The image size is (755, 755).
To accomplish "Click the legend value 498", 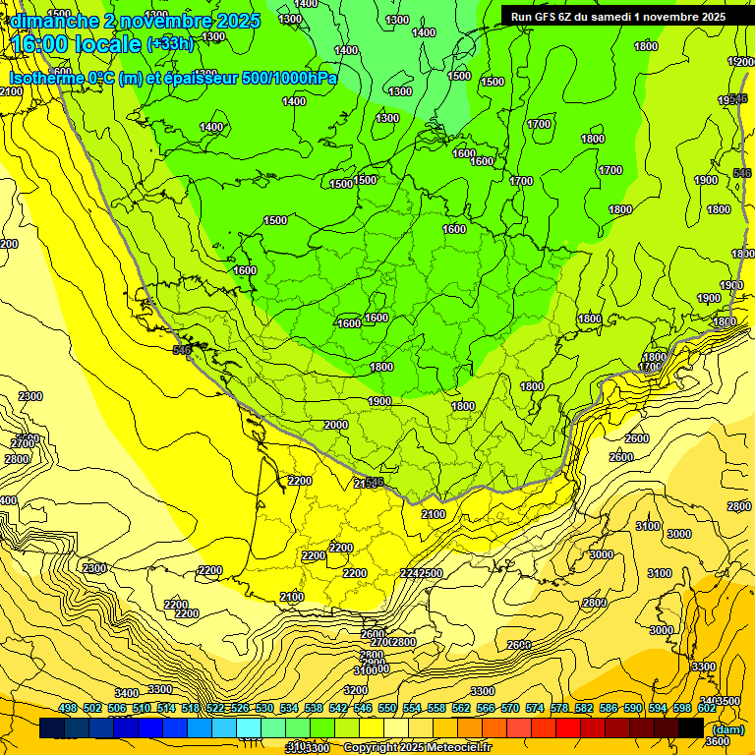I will (x=68, y=708).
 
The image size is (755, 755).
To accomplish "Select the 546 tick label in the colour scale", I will (x=363, y=708).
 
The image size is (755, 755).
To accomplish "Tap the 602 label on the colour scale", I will (x=707, y=708).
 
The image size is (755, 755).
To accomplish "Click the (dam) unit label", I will (x=728, y=729).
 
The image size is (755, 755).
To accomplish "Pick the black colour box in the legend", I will (x=691, y=727).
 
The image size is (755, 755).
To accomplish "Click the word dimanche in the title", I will (x=50, y=21).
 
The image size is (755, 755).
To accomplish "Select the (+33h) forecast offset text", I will (x=171, y=44).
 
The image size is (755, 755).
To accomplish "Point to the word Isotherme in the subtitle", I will (x=45, y=78).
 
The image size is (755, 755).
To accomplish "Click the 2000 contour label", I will (x=336, y=425).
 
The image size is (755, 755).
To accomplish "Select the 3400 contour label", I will (x=127, y=694).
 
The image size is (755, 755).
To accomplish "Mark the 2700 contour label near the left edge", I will (x=23, y=443).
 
